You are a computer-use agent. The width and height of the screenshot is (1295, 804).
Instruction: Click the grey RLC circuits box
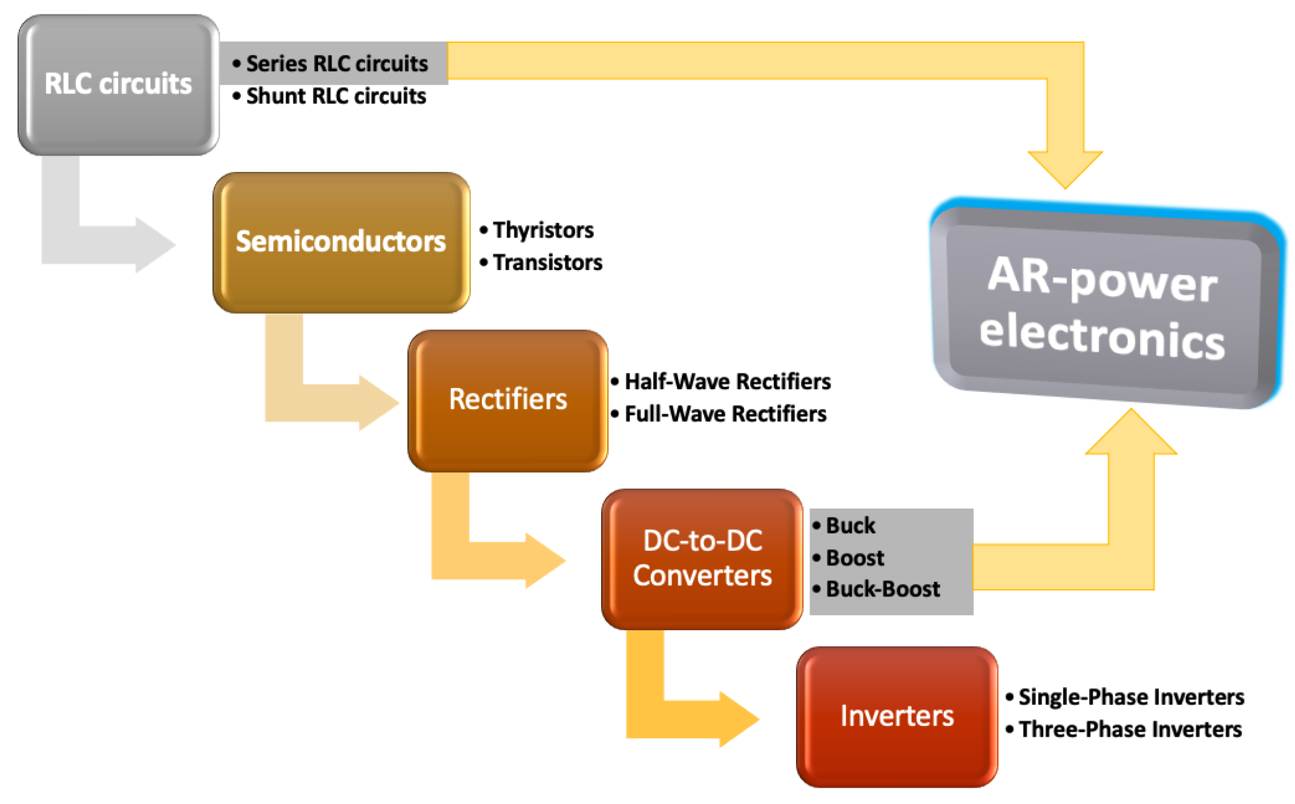pyautogui.click(x=118, y=85)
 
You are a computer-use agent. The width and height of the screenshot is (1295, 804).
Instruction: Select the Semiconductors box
pyautogui.click(x=341, y=242)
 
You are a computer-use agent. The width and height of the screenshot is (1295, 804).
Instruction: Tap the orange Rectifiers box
pyautogui.click(x=507, y=400)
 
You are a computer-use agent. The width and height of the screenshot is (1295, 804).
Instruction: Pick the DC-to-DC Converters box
pyautogui.click(x=702, y=558)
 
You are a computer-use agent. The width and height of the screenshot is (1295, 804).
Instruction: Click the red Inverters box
pyautogui.click(x=896, y=716)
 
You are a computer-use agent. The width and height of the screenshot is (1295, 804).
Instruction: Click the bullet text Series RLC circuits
pyautogui.click(x=336, y=64)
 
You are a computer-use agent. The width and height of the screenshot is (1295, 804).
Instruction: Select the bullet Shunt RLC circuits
pyautogui.click(x=335, y=96)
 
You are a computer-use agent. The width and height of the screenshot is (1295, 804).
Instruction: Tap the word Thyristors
pyautogui.click(x=542, y=230)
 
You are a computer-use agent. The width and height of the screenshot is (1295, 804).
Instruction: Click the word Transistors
pyautogui.click(x=547, y=263)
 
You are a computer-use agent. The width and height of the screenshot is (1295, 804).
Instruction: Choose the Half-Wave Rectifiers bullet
pyautogui.click(x=727, y=381)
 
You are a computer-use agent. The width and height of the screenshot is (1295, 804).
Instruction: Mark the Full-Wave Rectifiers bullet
pyautogui.click(x=725, y=414)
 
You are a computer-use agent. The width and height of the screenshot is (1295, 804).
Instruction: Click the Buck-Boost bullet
pyautogui.click(x=882, y=589)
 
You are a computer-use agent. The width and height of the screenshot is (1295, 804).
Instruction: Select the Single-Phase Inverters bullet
pyautogui.click(x=1130, y=697)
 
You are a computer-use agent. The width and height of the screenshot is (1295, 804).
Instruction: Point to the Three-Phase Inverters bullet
pyautogui.click(x=1129, y=730)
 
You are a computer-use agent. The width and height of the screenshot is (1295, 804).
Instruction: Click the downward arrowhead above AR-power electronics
pyautogui.click(x=1064, y=168)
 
